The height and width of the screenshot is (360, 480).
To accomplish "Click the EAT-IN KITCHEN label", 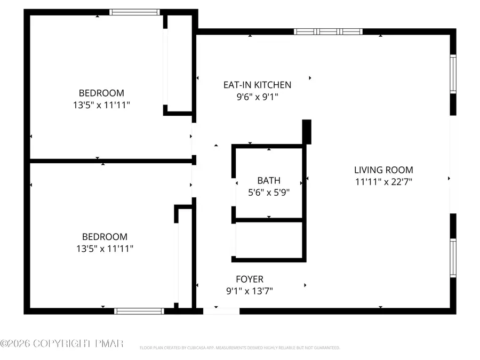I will [257, 85].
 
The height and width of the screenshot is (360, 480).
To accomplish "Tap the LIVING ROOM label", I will [383, 170].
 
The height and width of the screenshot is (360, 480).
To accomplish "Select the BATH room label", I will [268, 181].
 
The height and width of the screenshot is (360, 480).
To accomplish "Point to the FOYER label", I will [250, 279].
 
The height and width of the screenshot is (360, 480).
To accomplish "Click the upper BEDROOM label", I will [101, 93].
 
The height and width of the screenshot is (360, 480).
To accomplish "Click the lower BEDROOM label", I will [105, 236].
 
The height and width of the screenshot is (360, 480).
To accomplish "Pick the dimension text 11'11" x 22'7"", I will [383, 182].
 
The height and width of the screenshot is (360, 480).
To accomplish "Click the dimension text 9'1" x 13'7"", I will [250, 291].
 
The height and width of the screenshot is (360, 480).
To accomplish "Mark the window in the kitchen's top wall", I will [328, 31].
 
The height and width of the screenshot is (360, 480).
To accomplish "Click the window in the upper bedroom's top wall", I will [134, 12].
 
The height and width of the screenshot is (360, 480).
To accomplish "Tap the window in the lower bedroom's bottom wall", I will [139, 311].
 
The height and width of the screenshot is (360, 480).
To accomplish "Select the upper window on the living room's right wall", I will [453, 74].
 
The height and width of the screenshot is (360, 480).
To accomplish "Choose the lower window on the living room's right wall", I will [453, 258].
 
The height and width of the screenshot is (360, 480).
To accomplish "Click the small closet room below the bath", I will [269, 240].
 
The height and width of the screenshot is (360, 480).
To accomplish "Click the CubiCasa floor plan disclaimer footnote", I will [239, 348].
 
